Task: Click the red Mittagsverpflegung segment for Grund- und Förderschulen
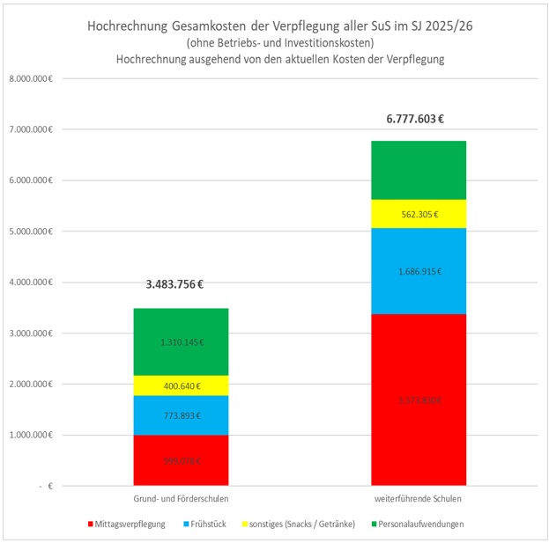pos(181,459)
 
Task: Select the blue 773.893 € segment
pos(181,415)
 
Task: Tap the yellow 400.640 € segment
pos(181,385)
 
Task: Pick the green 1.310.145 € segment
pos(181,341)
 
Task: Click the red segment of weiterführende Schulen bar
pos(419,400)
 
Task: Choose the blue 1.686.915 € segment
pos(419,271)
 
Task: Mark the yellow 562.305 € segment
pos(419,214)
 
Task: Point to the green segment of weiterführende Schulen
pos(419,170)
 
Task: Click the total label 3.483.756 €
pos(181,285)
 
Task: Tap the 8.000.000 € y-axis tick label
pos(32,79)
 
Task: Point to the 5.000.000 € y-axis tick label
pos(32,231)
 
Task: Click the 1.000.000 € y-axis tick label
pos(32,435)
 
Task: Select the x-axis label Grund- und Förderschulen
pos(181,498)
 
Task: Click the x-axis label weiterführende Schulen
pos(419,498)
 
